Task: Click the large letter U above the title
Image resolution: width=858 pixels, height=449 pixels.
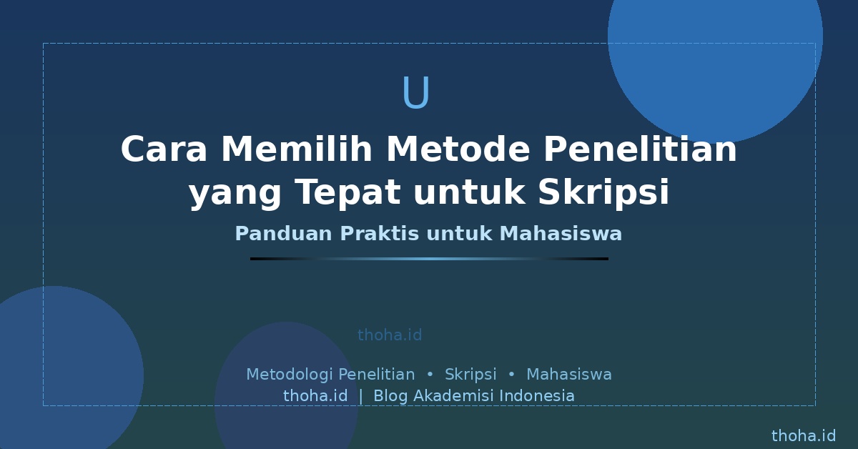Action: click(x=416, y=92)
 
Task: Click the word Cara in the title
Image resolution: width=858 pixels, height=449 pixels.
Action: click(x=164, y=149)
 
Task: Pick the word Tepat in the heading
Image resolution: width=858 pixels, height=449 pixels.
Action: click(x=348, y=193)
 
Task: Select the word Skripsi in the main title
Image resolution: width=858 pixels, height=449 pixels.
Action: click(x=603, y=191)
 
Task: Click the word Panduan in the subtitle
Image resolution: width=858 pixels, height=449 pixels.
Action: click(x=283, y=233)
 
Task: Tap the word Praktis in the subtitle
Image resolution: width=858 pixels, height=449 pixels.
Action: click(x=379, y=233)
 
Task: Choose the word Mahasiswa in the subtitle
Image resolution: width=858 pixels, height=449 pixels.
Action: click(x=561, y=233)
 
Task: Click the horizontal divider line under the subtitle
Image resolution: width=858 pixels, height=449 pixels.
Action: click(x=429, y=259)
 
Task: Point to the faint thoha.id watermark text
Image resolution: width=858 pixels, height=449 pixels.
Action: click(x=390, y=335)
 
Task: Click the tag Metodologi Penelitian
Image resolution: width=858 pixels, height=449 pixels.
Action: click(x=330, y=375)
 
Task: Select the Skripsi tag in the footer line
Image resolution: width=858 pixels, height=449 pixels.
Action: click(x=470, y=375)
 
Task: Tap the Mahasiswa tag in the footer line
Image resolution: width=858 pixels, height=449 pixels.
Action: click(x=569, y=375)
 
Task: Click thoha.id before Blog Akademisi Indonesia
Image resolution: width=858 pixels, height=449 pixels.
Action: click(x=315, y=396)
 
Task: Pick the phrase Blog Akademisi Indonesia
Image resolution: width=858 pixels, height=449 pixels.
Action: click(x=474, y=396)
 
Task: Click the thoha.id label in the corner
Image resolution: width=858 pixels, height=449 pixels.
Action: click(x=804, y=436)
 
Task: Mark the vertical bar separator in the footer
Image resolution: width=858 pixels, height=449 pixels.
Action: click(x=361, y=396)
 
